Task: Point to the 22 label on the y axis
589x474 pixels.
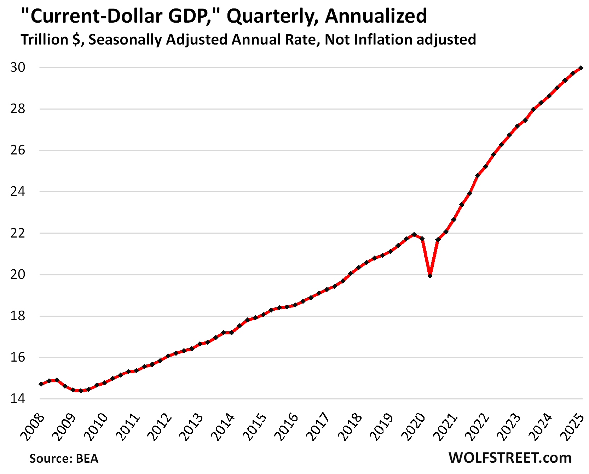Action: [x=18, y=233]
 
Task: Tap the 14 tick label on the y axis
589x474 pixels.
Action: [x=18, y=399]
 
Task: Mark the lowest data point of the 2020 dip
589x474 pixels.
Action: [x=430, y=275]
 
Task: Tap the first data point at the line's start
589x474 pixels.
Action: [x=41, y=384]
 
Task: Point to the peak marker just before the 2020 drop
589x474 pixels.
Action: [x=414, y=234]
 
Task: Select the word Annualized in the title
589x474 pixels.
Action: [x=376, y=16]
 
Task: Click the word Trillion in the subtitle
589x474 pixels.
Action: [x=44, y=39]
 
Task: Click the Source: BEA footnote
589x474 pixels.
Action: [x=64, y=458]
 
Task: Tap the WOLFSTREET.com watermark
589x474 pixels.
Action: [x=510, y=457]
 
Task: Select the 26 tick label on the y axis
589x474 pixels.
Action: [x=18, y=150]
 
